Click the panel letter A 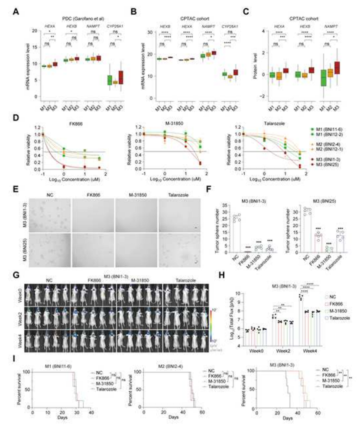(x=16, y=12)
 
